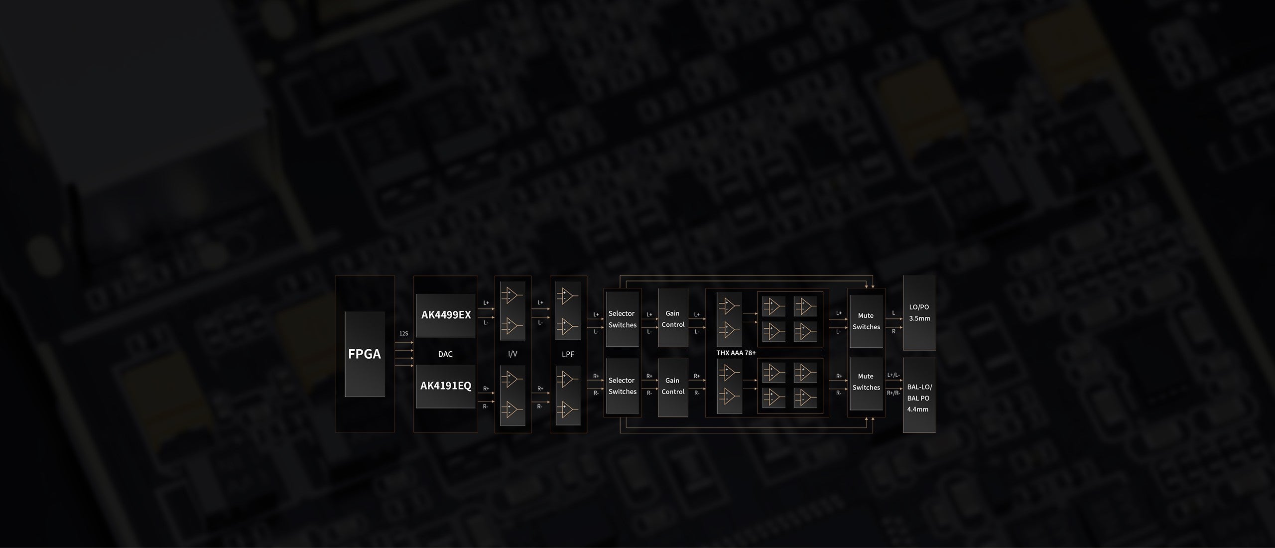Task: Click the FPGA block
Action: coord(365,354)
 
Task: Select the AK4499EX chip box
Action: coord(446,315)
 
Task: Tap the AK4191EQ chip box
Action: coord(446,386)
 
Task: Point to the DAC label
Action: coord(445,354)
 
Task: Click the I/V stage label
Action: coord(512,354)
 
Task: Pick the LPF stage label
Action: coord(568,354)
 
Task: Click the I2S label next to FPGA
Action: coord(403,333)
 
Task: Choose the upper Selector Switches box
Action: coord(622,319)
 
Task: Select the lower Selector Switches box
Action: coord(622,386)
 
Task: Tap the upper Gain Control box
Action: coord(673,319)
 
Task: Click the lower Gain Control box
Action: coord(673,386)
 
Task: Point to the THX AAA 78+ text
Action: coord(736,353)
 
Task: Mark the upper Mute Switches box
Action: coord(866,321)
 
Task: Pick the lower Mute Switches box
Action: coord(866,382)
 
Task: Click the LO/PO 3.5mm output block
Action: coord(919,313)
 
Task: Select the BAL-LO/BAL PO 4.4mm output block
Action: coord(919,398)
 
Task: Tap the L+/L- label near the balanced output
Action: coord(893,375)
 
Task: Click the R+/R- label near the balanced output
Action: coord(893,393)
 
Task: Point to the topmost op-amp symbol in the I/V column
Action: coord(512,295)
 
